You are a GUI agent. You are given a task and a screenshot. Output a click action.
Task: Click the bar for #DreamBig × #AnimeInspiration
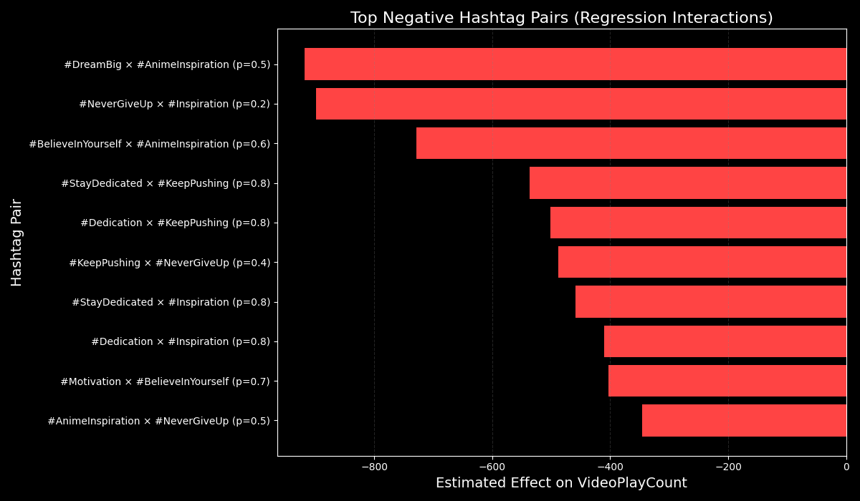coord(575,64)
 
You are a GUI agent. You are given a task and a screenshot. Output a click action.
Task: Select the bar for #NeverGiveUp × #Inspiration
coord(581,104)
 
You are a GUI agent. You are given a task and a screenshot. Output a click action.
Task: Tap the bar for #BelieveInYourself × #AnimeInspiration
coord(631,143)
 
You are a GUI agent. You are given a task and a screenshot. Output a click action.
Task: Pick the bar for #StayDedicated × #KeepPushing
coord(688,183)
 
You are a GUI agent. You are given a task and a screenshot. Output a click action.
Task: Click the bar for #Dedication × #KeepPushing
coord(698,223)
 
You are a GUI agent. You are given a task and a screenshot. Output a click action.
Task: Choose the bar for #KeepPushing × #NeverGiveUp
coord(702,262)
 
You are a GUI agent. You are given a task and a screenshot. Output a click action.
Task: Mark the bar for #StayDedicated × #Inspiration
coord(711,302)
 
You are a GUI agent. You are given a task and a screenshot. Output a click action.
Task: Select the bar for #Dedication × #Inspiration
coord(725,341)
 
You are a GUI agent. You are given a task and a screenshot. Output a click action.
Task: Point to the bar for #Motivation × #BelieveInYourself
coord(727,381)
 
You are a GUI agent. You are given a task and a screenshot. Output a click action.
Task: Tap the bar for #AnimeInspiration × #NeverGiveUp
coord(744,421)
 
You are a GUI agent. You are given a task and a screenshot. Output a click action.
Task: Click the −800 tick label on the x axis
coord(374,467)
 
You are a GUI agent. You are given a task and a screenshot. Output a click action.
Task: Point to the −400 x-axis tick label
coord(610,467)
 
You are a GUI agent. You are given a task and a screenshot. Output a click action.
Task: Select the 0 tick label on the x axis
coord(846,467)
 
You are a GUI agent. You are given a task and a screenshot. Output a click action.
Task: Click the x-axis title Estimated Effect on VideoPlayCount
coord(561,484)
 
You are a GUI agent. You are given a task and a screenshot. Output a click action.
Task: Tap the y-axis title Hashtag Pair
coord(17,243)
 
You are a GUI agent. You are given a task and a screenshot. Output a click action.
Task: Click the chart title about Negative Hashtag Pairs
coord(561,18)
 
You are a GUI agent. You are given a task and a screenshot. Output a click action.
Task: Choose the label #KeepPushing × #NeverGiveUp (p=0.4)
coord(169,263)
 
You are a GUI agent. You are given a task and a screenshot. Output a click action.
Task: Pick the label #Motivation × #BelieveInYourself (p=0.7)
coord(165,381)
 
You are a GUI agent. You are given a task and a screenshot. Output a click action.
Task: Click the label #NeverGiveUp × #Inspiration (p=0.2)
coord(174,104)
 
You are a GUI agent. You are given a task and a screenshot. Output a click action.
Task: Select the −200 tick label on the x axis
coord(728,467)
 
